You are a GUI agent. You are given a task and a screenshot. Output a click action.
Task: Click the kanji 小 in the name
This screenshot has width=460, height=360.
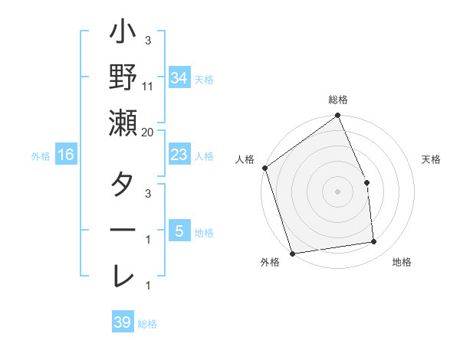tap(122, 34)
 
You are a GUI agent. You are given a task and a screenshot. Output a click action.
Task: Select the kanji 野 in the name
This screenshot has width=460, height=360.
tap(122, 78)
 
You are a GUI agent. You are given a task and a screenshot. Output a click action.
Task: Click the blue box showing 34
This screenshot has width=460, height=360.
tap(179, 77)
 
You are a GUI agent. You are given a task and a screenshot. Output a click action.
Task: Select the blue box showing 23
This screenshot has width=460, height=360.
tap(179, 155)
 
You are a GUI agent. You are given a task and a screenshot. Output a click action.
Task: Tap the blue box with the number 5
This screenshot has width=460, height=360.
tap(179, 231)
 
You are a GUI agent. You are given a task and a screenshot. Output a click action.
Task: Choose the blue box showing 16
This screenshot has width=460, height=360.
tap(66, 155)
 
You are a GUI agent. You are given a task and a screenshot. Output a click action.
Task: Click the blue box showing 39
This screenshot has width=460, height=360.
tap(122, 322)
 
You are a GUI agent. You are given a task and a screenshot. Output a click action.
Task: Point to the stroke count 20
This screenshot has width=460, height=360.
tap(148, 133)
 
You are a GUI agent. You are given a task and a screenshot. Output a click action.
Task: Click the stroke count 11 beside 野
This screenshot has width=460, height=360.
tap(148, 87)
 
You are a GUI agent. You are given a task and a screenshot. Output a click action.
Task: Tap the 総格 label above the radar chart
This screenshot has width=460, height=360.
tap(338, 100)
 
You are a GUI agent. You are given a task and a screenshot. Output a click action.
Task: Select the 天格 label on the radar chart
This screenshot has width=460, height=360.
tap(431, 159)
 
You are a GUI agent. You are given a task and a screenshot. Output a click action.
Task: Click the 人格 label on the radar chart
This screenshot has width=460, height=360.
tap(245, 159)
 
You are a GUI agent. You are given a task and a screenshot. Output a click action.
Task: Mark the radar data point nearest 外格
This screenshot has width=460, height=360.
tap(292, 253)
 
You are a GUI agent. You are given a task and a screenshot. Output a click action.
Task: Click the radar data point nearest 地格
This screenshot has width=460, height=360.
tap(374, 242)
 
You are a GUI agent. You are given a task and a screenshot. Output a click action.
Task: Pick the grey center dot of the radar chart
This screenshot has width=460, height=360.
tap(337, 191)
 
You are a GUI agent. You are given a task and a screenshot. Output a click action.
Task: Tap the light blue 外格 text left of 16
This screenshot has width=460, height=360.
tap(41, 156)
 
